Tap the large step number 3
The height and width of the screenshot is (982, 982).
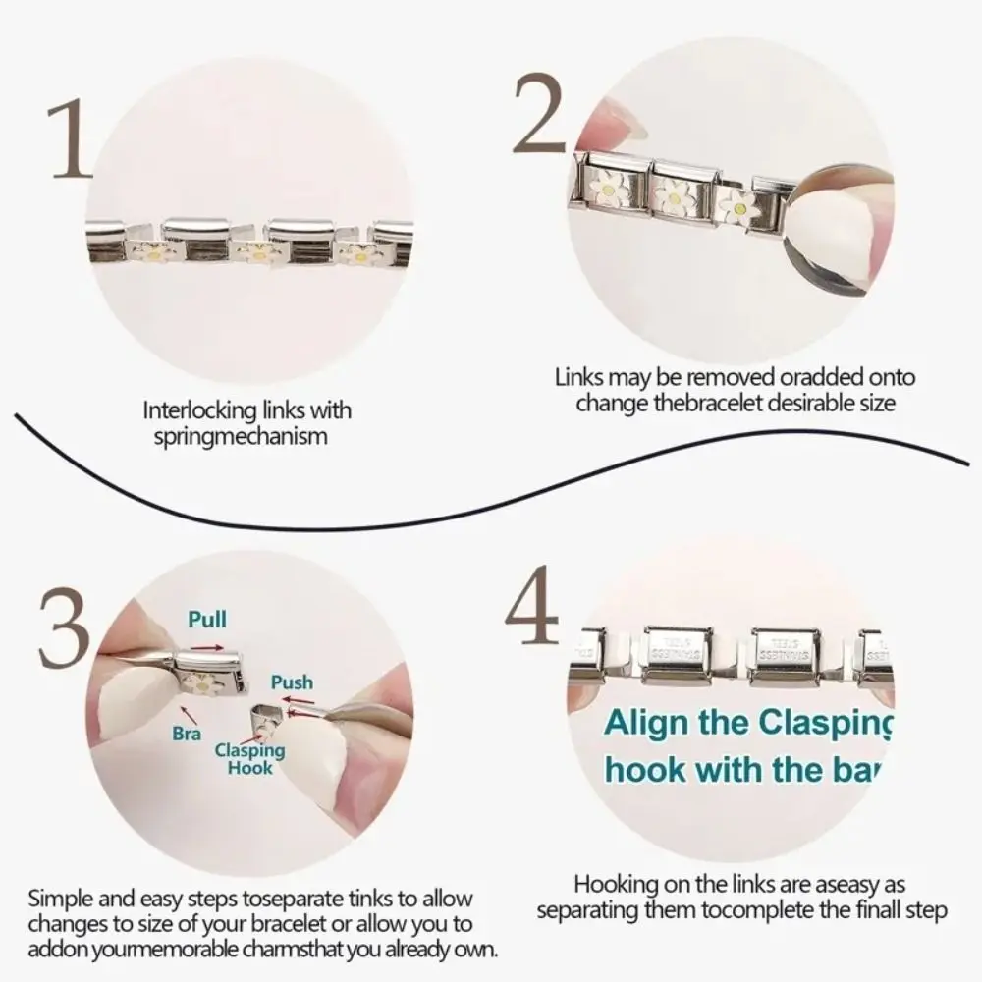coord(64,627)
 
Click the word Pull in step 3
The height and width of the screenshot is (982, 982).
coord(207,620)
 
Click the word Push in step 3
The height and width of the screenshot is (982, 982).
coord(292,682)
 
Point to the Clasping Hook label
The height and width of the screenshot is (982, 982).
coord(250,759)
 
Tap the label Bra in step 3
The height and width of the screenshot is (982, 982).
coord(187,734)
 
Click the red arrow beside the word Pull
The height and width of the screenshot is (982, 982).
coord(206,649)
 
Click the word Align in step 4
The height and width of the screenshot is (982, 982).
coord(647,723)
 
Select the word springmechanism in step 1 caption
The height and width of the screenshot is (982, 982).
coord(241,436)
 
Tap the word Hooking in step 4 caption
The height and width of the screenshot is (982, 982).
coord(611,884)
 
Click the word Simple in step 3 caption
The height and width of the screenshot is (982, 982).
coord(61,899)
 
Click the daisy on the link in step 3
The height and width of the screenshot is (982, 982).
coord(204,682)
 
